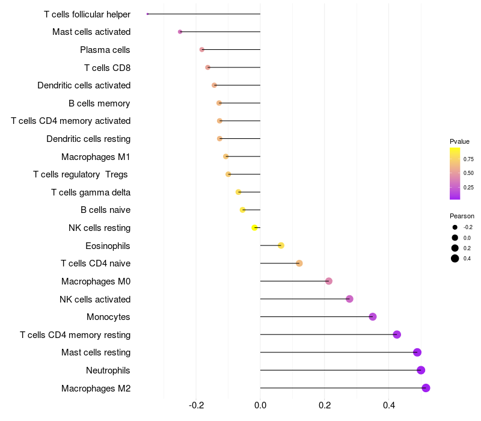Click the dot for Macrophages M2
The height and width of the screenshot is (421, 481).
[426, 388]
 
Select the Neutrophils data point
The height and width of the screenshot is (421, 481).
[421, 370]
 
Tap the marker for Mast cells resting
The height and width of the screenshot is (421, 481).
[417, 352]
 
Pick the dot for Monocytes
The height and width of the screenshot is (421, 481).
[372, 316]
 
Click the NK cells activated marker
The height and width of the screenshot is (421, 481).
[349, 299]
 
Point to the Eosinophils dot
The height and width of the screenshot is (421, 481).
[281, 245]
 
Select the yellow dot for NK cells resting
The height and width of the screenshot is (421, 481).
[254, 227]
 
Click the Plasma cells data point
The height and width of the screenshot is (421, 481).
[201, 49]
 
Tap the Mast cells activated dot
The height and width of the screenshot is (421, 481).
[180, 31]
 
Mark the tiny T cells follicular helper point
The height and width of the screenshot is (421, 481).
[147, 14]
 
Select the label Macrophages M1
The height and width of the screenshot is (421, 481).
[96, 157]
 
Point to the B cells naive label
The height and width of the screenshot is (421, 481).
[105, 210]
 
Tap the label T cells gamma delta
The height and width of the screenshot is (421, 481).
[91, 192]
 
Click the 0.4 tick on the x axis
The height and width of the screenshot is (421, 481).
[388, 405]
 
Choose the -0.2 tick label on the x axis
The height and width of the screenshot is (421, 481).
[196, 405]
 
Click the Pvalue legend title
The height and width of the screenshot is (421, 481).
[459, 141]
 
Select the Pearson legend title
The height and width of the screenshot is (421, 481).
[462, 216]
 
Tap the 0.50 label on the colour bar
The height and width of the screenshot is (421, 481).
[468, 173]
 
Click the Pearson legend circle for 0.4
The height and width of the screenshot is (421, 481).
[455, 259]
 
